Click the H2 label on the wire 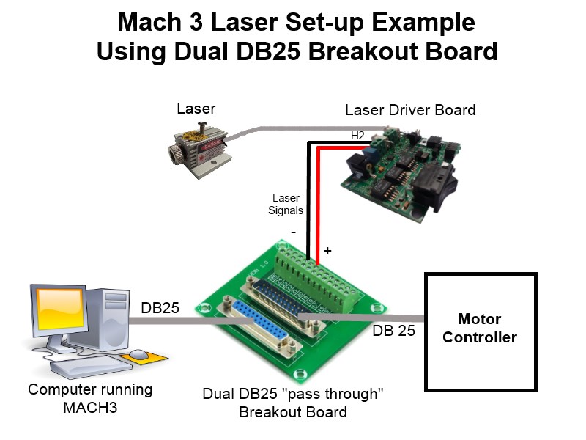(x=357, y=136)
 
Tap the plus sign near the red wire (x=327, y=251)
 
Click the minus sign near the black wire (x=293, y=232)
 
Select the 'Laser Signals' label (x=287, y=204)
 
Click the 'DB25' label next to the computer (x=160, y=309)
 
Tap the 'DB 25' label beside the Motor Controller (x=393, y=330)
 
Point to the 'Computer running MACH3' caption (x=90, y=397)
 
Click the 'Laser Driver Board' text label (x=410, y=110)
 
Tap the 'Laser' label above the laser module (x=196, y=109)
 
